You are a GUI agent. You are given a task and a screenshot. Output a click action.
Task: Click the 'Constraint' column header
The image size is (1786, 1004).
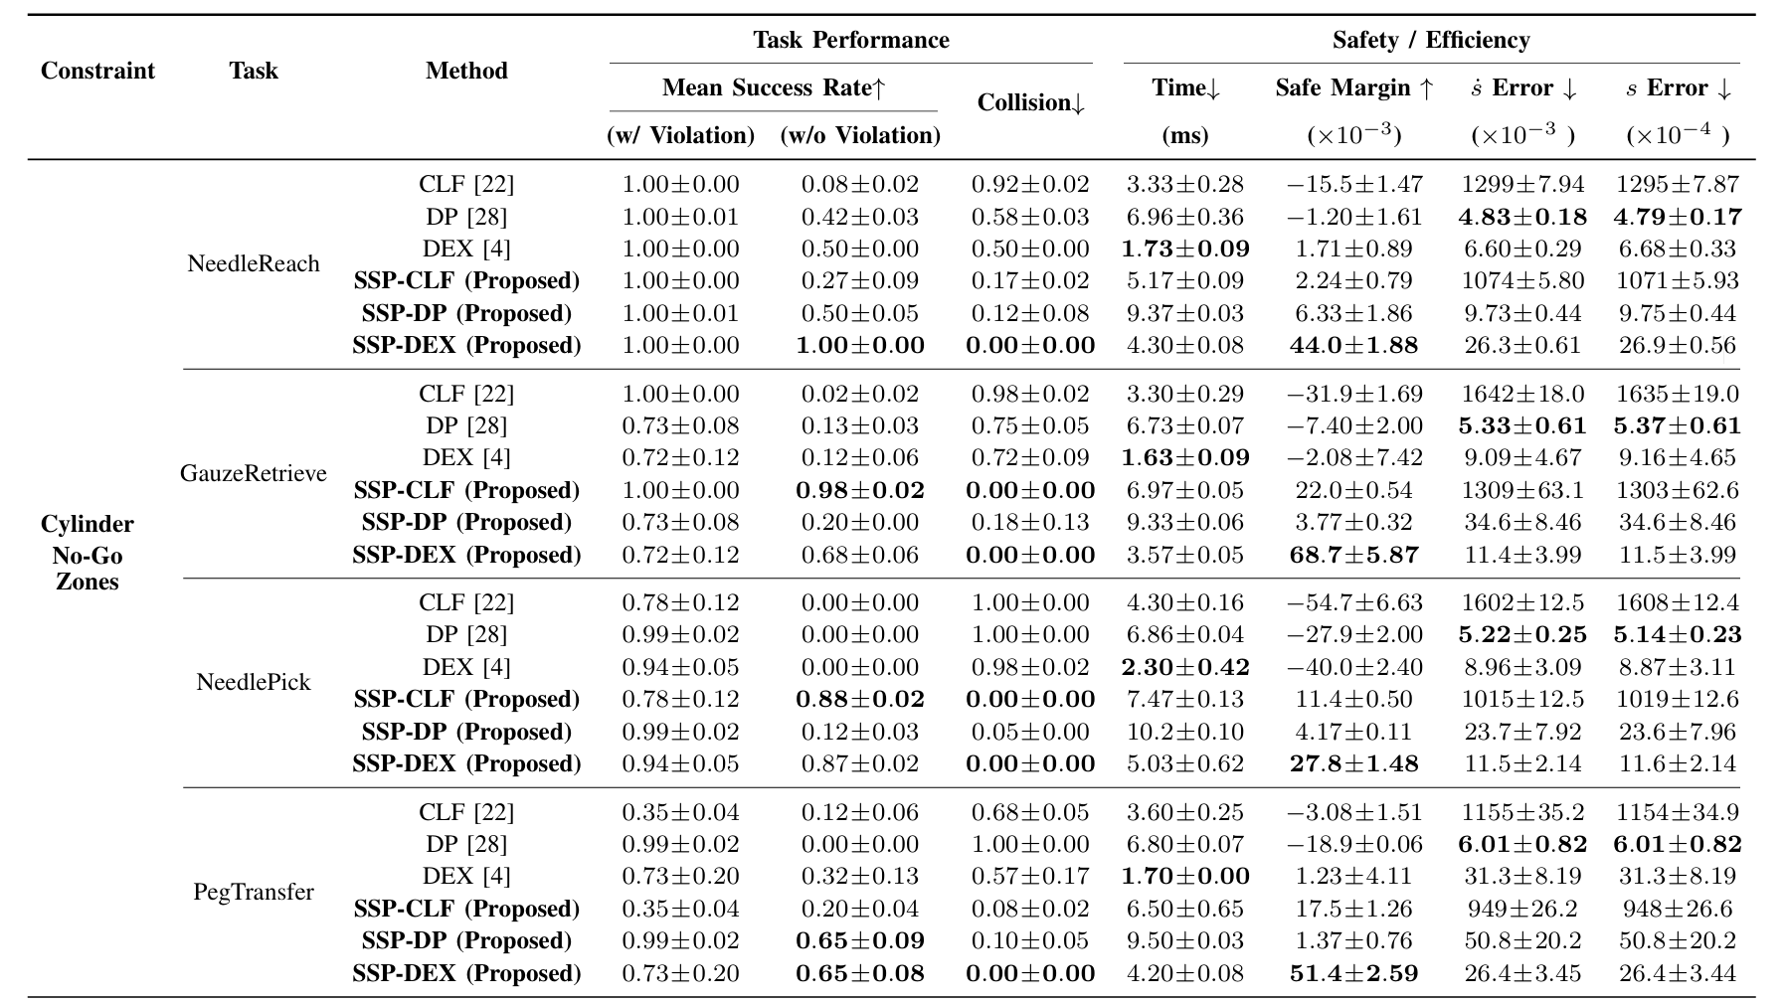[x=97, y=72]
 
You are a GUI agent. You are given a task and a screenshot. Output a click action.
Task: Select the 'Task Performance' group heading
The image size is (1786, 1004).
[x=850, y=41]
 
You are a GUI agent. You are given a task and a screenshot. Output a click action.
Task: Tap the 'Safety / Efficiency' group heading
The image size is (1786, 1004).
[x=1430, y=41]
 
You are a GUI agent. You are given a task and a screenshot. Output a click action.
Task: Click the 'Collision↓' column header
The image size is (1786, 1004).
[x=1030, y=103]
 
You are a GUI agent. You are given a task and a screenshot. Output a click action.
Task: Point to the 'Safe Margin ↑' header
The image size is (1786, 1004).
[x=1353, y=88]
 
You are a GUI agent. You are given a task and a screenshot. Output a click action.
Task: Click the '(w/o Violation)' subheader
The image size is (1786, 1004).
[x=860, y=135]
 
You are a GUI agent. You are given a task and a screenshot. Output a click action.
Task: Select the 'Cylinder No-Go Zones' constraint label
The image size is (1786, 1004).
[x=88, y=553]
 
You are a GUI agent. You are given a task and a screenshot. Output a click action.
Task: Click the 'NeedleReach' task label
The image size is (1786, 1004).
[x=254, y=264]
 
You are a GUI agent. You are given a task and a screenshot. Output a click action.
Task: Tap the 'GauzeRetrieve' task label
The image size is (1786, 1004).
[x=254, y=473]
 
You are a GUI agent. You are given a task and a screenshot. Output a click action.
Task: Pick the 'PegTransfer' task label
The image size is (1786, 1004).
[x=254, y=892]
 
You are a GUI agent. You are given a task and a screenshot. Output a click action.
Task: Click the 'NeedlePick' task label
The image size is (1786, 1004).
[x=254, y=683]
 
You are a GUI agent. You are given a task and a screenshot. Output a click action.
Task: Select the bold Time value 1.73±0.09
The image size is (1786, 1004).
[x=1184, y=250]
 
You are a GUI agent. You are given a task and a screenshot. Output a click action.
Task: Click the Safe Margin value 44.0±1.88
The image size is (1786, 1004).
[x=1353, y=346]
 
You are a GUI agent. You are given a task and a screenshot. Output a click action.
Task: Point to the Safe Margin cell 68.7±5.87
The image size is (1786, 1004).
[x=1353, y=555]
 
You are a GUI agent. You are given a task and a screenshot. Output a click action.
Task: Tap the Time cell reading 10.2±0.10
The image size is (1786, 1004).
[x=1184, y=733]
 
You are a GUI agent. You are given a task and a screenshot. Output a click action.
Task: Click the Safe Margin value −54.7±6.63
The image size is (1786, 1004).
[x=1353, y=603]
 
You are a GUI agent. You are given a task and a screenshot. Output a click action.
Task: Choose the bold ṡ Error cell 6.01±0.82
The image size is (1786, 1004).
[x=1522, y=845]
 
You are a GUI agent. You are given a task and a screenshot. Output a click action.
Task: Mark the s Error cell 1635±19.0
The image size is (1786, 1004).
[x=1677, y=395]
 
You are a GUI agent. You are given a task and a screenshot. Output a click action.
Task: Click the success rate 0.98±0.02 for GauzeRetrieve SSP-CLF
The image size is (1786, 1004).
[x=860, y=491]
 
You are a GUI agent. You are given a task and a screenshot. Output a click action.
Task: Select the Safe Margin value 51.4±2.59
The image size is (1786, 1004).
[x=1353, y=973]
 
